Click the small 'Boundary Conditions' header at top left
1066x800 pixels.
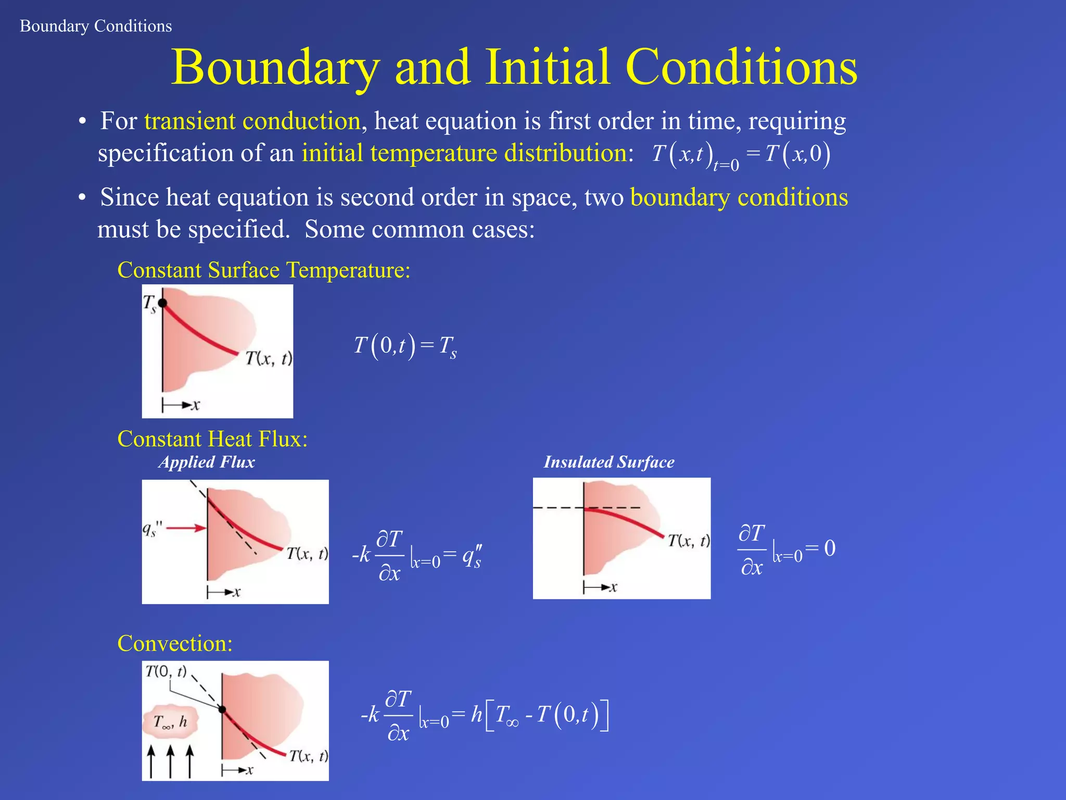(x=96, y=26)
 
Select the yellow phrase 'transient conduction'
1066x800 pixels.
(x=252, y=121)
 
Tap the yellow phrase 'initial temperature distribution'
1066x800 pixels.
(x=464, y=154)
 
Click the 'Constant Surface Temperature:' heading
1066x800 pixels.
(x=264, y=270)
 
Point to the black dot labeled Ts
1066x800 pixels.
(x=162, y=303)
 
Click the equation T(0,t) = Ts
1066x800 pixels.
(x=405, y=346)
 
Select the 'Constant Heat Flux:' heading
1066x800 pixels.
(x=212, y=439)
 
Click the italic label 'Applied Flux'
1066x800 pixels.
(x=207, y=462)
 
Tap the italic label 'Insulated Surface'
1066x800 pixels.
(x=609, y=462)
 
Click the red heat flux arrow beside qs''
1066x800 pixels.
(x=186, y=529)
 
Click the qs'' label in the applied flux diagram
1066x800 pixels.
(x=152, y=530)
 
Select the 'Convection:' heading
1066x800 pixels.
(x=175, y=644)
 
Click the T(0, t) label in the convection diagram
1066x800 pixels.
(x=166, y=671)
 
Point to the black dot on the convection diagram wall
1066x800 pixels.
(x=222, y=709)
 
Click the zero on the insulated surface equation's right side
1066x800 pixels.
(x=830, y=548)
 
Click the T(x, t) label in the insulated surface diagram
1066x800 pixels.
(x=688, y=541)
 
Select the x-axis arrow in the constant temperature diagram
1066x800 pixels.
(x=181, y=405)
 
